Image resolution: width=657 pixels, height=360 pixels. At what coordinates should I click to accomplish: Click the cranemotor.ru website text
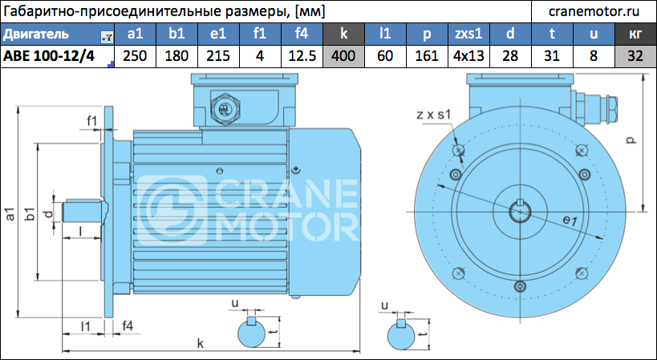click(594, 12)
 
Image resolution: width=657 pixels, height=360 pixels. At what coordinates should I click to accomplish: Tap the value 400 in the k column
click(343, 55)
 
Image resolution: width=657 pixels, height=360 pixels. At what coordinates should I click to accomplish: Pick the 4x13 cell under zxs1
click(468, 55)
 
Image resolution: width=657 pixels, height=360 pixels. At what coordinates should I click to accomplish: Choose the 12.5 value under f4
click(302, 55)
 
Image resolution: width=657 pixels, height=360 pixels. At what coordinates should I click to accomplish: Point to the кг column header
click(635, 34)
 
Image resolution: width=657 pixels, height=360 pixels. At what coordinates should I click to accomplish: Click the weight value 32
click(635, 55)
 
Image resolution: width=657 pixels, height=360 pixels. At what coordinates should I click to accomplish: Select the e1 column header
click(218, 34)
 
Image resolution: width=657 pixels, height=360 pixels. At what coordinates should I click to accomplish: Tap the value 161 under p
click(427, 55)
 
